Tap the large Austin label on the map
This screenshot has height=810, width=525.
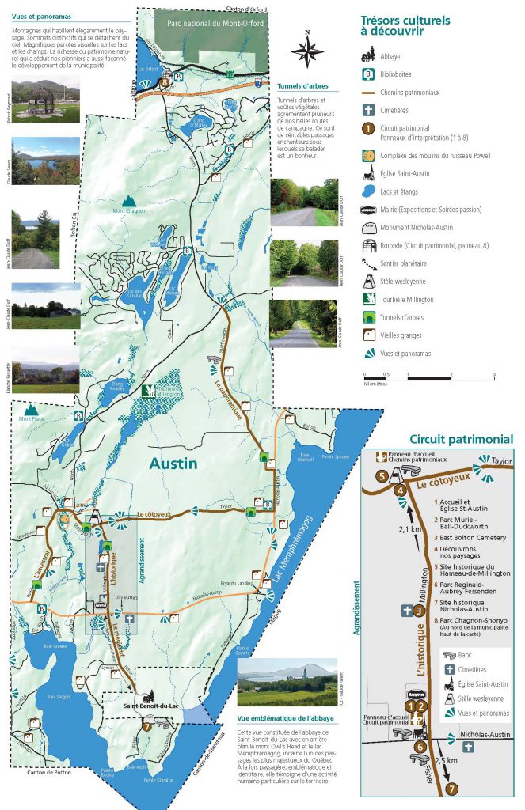coord(173,463)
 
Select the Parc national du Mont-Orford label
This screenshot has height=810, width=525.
coord(215,24)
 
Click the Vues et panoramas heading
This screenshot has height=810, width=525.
coord(34,15)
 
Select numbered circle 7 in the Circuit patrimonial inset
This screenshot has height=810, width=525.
coord(451,788)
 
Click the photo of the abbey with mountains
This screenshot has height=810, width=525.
coord(286,682)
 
